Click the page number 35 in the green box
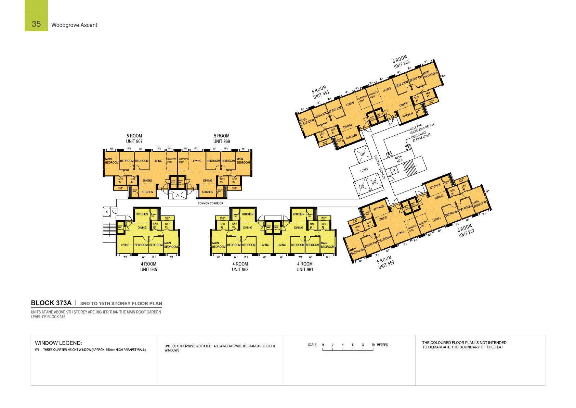click(36, 24)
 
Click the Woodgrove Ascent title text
click(74, 25)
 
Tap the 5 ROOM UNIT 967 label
click(134, 139)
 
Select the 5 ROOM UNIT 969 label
click(222, 139)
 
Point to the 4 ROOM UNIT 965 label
click(148, 267)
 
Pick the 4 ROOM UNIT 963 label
click(240, 267)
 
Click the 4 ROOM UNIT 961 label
click(305, 267)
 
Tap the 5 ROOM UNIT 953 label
click(320, 92)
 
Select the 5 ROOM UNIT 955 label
click(401, 62)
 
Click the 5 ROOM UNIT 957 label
click(466, 230)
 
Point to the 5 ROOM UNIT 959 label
click(386, 262)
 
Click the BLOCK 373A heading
click(51, 303)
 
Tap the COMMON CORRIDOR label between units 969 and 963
click(210, 203)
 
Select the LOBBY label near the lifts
click(364, 170)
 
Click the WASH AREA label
click(399, 159)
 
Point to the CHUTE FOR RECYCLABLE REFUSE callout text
click(421, 128)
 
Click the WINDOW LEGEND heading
click(58, 343)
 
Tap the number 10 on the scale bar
click(373, 345)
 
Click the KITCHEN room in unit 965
click(142, 214)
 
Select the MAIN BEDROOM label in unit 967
click(112, 161)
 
